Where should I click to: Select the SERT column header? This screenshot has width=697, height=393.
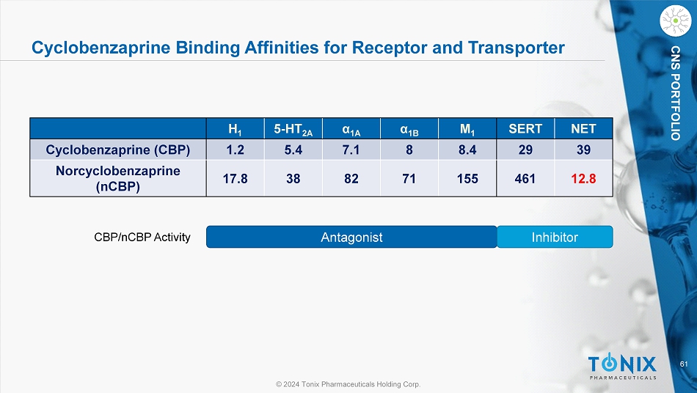pos(525,129)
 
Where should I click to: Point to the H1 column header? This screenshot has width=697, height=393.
pos(235,130)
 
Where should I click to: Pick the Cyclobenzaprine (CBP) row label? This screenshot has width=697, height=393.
pos(118,150)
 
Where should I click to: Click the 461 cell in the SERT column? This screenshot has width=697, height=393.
pos(525,177)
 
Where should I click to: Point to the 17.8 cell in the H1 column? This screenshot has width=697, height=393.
pos(235,177)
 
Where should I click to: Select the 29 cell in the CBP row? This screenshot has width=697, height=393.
pos(525,150)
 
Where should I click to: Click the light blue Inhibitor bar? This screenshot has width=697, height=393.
pos(555,237)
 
